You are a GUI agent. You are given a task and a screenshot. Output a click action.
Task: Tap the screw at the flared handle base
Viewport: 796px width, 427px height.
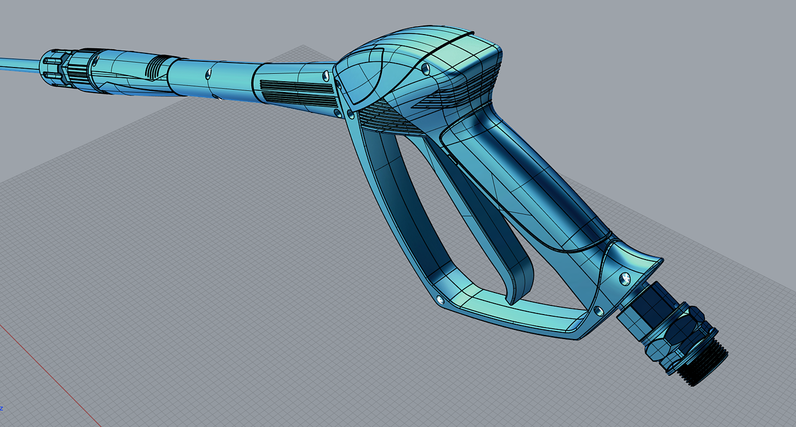pyautogui.click(x=625, y=278)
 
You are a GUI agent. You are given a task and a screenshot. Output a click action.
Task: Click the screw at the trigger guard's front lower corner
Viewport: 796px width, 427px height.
pyautogui.click(x=440, y=300)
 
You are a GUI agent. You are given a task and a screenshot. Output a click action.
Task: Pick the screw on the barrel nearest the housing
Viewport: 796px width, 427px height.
pyautogui.click(x=326, y=76)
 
